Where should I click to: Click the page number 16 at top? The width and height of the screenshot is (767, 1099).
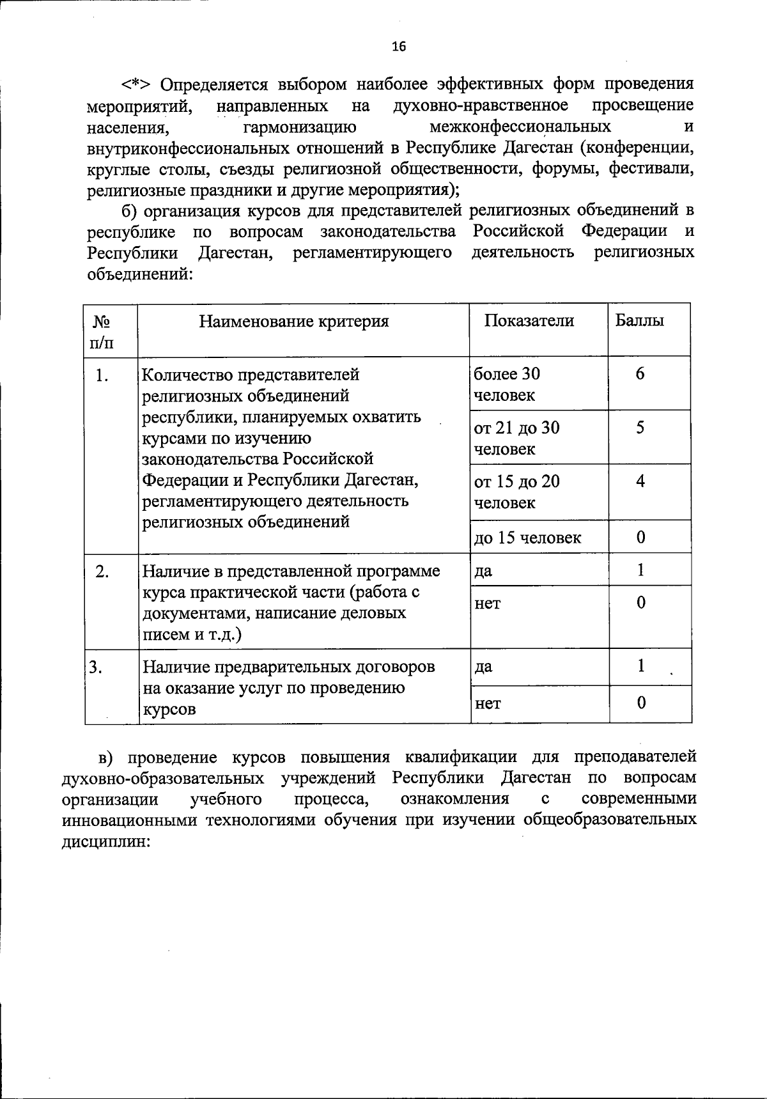click(398, 46)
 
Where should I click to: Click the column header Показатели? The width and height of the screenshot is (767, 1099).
click(529, 320)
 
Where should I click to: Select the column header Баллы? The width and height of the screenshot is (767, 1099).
click(639, 320)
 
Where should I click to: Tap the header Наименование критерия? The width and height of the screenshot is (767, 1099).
click(294, 321)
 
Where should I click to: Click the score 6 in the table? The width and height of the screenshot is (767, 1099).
click(640, 374)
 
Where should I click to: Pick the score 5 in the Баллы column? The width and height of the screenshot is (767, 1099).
click(640, 428)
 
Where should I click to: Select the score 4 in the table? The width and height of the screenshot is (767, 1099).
click(640, 481)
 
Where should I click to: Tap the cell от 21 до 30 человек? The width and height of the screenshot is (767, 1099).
click(516, 438)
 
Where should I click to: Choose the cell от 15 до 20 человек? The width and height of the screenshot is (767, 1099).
click(516, 492)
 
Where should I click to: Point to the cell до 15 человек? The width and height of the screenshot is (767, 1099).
click(527, 538)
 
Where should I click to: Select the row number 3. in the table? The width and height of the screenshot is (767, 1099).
click(97, 667)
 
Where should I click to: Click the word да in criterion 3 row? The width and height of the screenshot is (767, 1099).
click(483, 667)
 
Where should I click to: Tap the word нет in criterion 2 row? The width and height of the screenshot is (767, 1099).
click(487, 603)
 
